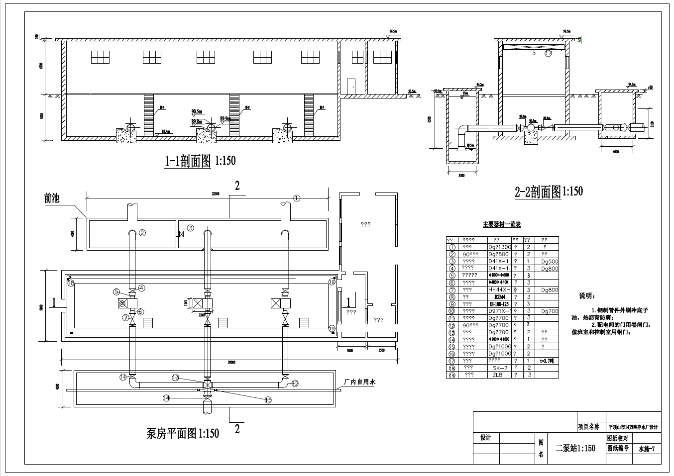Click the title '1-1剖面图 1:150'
[200, 161]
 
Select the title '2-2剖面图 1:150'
[549, 191]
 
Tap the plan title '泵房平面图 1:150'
[183, 433]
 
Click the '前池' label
[51, 198]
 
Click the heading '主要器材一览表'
[501, 225]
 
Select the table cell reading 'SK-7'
[499, 368]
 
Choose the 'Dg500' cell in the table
[550, 261]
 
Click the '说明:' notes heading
[585, 296]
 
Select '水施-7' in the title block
[647, 448]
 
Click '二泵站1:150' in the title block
[575, 448]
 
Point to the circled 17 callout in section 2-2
[548, 53]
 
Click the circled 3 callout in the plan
[190, 228]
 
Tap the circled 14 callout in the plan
[166, 398]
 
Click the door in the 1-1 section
[351, 85]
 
